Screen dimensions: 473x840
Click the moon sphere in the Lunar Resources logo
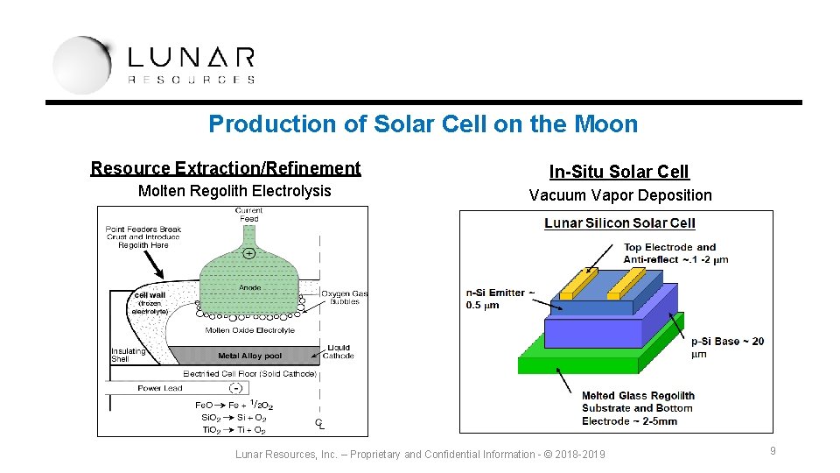pyautogui.click(x=81, y=64)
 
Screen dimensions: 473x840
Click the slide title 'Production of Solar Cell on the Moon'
pyautogui.click(x=423, y=124)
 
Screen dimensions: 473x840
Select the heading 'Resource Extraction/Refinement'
pyautogui.click(x=226, y=168)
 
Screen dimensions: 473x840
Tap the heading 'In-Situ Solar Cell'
pyautogui.click(x=619, y=172)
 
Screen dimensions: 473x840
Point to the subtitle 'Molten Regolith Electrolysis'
pyautogui.click(x=234, y=191)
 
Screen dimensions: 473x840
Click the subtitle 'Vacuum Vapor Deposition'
pyautogui.click(x=620, y=195)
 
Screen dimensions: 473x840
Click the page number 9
pyautogui.click(x=773, y=451)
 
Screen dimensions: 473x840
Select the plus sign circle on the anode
pyautogui.click(x=249, y=253)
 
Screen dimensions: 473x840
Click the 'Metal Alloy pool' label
pyautogui.click(x=250, y=357)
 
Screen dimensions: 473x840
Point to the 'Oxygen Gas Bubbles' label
pyautogui.click(x=344, y=298)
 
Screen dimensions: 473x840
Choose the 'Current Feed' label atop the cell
pyautogui.click(x=249, y=215)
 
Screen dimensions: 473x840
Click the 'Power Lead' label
pyautogui.click(x=161, y=388)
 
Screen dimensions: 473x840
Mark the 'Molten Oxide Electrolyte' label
pyautogui.click(x=249, y=330)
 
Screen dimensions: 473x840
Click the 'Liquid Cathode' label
pyautogui.click(x=339, y=352)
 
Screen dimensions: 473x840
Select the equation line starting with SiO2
pyautogui.click(x=234, y=418)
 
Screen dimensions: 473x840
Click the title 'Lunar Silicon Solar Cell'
pyautogui.click(x=619, y=223)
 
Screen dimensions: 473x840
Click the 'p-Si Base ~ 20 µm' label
pyautogui.click(x=727, y=347)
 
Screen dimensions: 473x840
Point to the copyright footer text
pyautogui.click(x=420, y=454)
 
